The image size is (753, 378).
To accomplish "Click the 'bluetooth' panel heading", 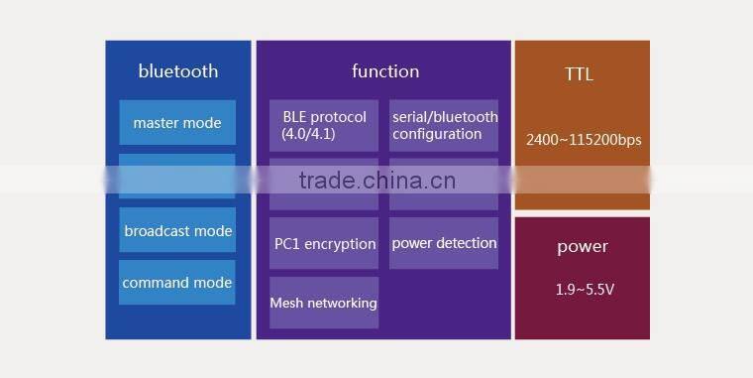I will (x=178, y=71).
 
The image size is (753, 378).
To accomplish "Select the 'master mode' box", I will (x=177, y=123).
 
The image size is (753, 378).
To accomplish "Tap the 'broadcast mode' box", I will (x=177, y=231).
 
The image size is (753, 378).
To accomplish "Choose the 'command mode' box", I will (x=177, y=283).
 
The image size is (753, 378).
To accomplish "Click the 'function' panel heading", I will (x=385, y=71).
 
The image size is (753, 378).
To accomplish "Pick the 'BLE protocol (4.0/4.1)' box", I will (x=324, y=125).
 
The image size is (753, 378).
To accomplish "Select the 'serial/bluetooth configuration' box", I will (x=444, y=125).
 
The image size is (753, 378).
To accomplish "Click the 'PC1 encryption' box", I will (x=324, y=243).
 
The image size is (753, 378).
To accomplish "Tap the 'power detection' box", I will (x=444, y=243).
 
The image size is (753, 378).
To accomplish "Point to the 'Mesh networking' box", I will (x=324, y=303).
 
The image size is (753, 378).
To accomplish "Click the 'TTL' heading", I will (x=580, y=74).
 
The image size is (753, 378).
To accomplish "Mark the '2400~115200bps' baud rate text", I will (x=583, y=140).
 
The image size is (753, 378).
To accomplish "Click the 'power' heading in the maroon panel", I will (x=583, y=247).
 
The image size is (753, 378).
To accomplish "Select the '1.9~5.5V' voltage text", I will (x=583, y=291).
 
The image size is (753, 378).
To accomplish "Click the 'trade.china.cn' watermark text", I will (x=376, y=180).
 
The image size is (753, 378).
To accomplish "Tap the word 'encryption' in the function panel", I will (x=343, y=244).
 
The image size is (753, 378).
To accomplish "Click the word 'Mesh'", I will (x=286, y=303).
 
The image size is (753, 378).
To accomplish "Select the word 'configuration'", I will (x=437, y=134).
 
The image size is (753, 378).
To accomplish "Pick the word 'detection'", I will (x=464, y=243).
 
